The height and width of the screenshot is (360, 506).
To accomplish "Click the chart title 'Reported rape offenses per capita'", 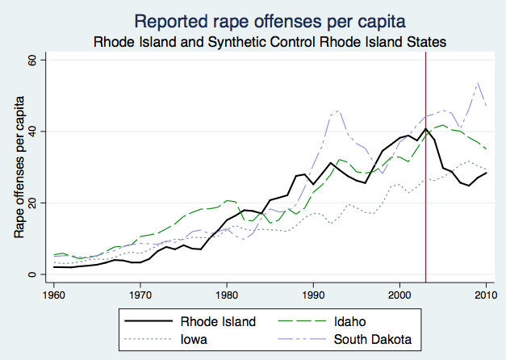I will tap(270, 19).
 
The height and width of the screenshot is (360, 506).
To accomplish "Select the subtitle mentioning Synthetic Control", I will tap(270, 40).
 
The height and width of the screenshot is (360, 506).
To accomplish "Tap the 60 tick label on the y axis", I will tap(33, 60).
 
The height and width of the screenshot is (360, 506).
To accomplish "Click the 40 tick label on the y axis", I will tap(33, 131).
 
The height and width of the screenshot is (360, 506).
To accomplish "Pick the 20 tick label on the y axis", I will tap(33, 203).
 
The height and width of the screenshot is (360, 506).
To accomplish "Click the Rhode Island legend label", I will tap(220, 322).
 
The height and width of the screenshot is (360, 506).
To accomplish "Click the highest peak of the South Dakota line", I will tap(478, 82).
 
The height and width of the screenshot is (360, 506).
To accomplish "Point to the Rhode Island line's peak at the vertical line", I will tap(425, 128).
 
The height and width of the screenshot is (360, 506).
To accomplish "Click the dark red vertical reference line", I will tap(425, 202).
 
